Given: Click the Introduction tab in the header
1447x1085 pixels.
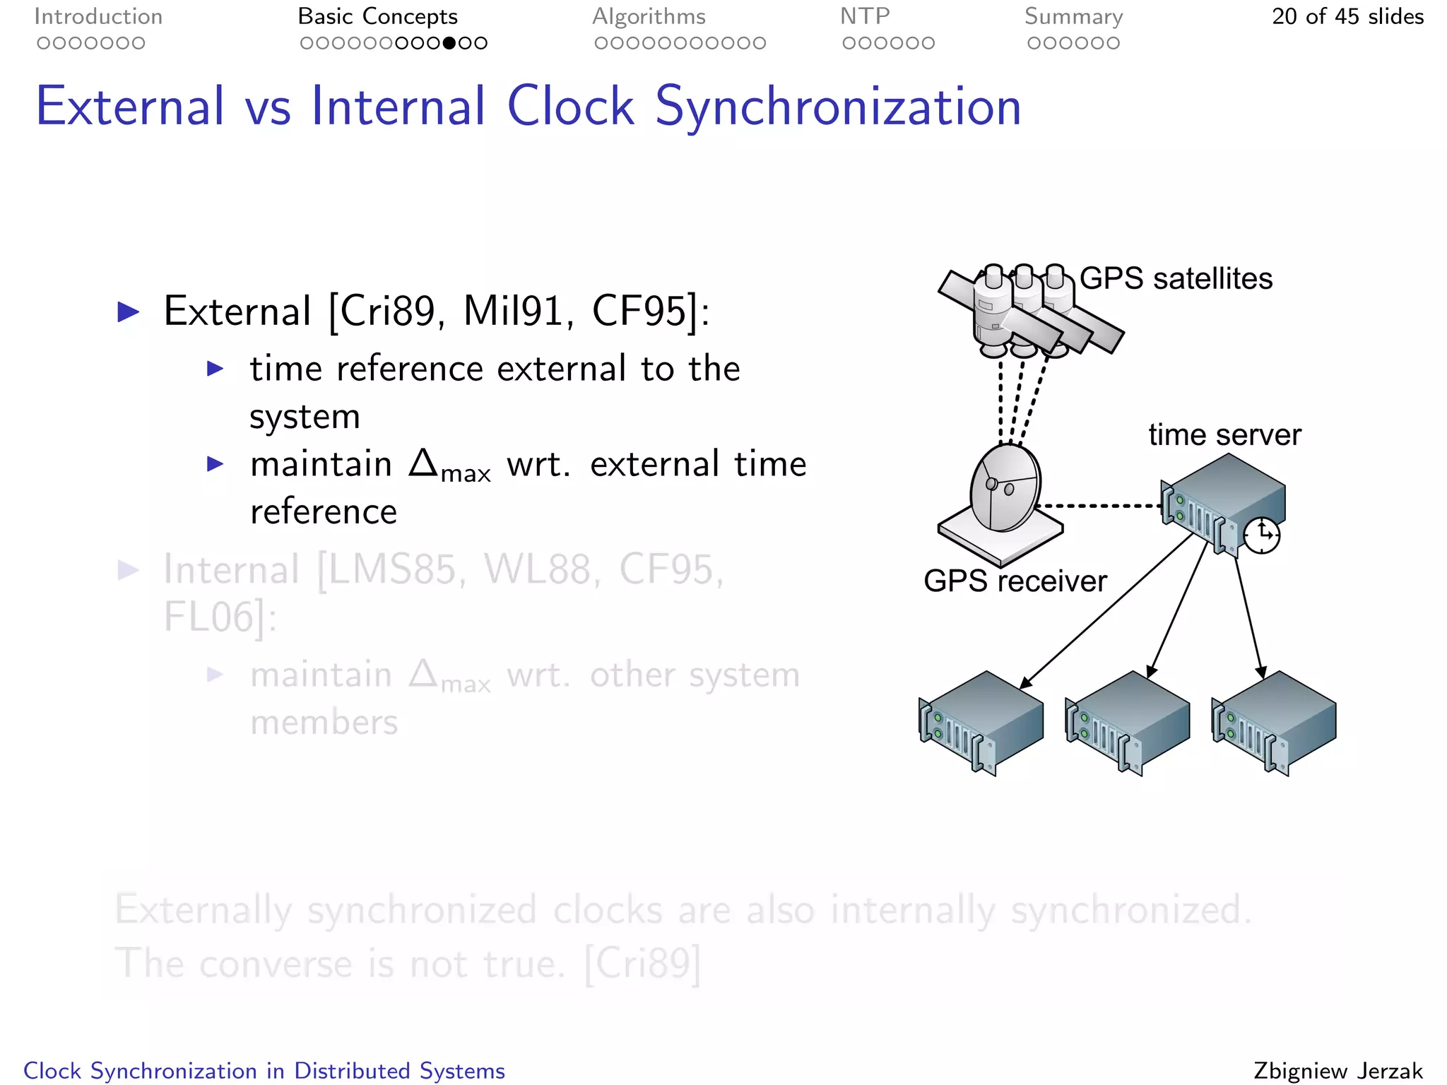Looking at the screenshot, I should point(98,16).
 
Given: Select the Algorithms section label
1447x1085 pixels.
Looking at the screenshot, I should point(649,16).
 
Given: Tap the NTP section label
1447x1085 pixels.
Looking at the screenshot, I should point(865,16).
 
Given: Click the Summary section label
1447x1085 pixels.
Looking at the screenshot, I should point(1073,16).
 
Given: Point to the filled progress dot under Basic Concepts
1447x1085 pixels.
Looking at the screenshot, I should point(449,43).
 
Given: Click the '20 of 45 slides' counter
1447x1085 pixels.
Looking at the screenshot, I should point(1347,16).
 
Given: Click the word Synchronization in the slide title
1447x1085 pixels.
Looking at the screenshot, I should point(838,107).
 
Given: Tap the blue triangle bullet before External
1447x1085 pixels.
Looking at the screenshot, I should point(128,312).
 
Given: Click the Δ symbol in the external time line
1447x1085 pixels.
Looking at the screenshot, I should point(424,463).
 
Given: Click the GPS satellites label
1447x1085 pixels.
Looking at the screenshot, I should point(1176,278).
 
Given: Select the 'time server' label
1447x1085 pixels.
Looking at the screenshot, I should point(1224,434).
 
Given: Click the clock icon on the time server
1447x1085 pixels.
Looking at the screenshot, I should point(1262,535).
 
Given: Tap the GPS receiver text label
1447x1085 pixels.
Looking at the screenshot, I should point(1015,581).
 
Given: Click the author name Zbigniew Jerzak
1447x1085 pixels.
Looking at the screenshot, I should point(1337,1070).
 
